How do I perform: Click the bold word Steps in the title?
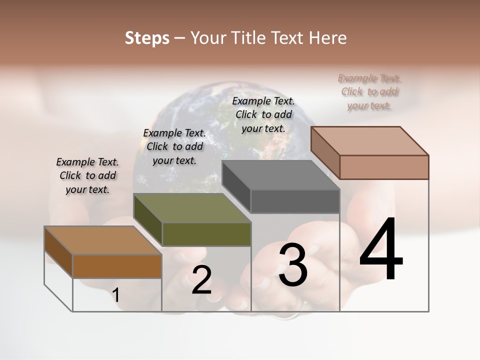click(147, 38)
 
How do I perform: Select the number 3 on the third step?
click(293, 265)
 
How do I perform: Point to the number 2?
click(201, 280)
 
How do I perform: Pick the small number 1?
click(115, 295)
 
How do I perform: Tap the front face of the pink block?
click(384, 167)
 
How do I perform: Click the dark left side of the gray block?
click(236, 188)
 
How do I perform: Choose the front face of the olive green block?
click(206, 234)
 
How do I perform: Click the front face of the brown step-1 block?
click(117, 266)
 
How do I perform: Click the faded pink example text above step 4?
click(369, 91)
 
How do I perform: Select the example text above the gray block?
click(263, 114)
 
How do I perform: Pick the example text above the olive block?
click(174, 146)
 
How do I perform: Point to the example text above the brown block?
click(87, 175)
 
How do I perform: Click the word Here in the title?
click(328, 38)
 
